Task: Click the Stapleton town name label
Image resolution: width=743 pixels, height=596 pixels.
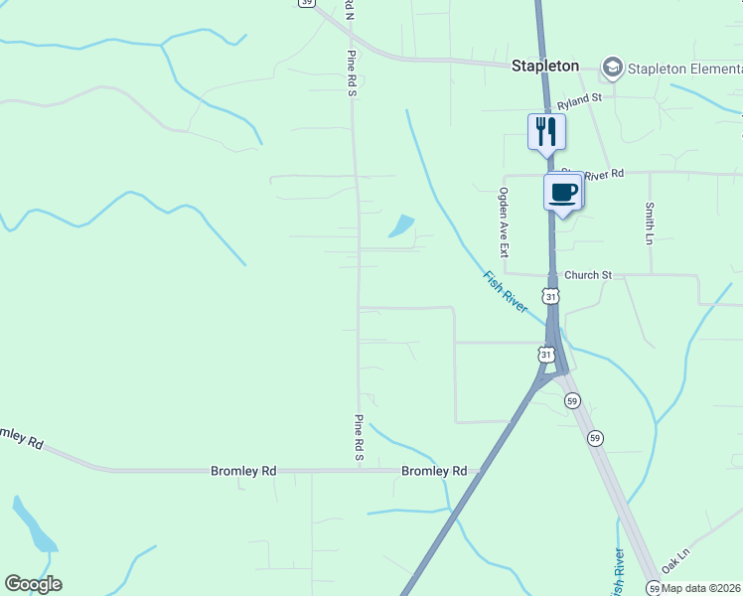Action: coord(544,66)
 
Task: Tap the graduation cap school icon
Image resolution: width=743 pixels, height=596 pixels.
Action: coord(612,68)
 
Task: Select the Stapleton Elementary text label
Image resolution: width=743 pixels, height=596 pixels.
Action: coord(685,69)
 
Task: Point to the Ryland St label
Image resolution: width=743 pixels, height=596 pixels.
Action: coord(579,98)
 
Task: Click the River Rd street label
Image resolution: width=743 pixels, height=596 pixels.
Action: coord(603,174)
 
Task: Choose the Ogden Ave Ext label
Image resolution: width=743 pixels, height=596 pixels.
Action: coord(504,223)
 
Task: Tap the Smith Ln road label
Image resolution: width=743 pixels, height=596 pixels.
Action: coord(650,223)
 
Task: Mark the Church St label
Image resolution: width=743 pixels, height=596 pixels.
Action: coord(587,274)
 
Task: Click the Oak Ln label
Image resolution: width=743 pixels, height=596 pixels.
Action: coord(675,562)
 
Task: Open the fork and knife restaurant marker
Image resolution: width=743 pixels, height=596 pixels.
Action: coord(545,131)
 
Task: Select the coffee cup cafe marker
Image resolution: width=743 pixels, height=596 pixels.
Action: coord(563,191)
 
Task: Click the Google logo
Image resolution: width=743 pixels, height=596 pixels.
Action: coord(33,584)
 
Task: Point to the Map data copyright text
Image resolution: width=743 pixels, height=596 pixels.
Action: coord(701,588)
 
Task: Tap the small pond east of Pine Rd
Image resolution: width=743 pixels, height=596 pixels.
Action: coord(401,226)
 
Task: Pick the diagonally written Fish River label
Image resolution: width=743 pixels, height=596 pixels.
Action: coord(505,292)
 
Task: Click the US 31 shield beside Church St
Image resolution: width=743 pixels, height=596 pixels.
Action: coord(550,296)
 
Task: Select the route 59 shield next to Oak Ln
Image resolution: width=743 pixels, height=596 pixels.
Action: coord(653,587)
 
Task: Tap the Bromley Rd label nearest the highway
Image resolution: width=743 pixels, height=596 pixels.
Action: coord(433,471)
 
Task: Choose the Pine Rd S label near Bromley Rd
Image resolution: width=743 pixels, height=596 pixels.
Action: coord(359,437)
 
